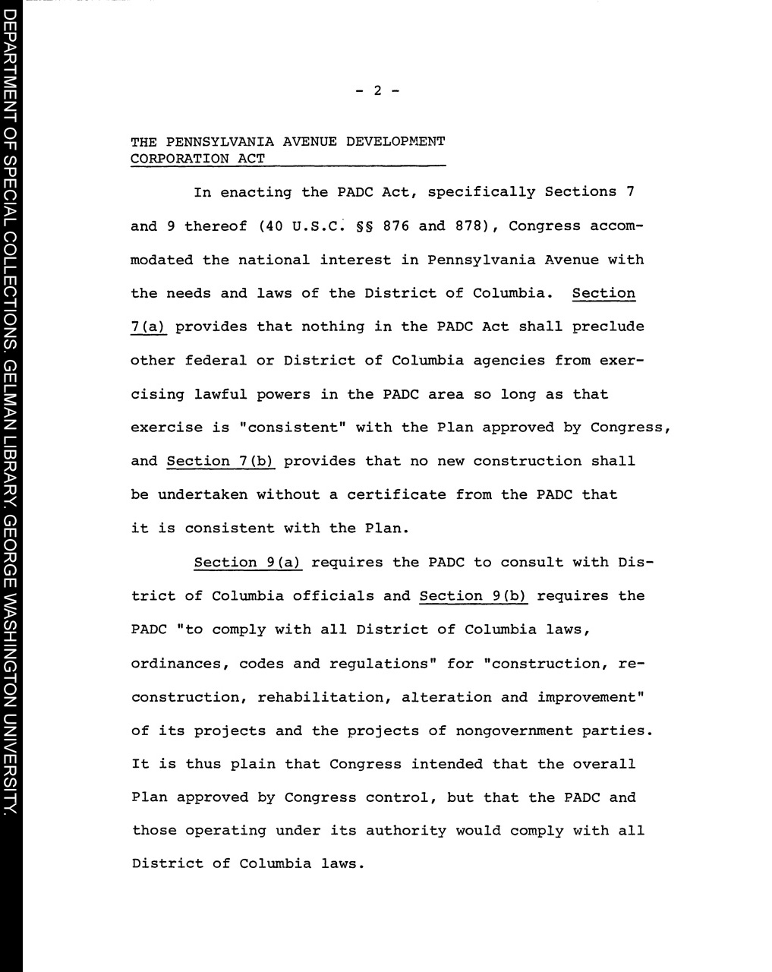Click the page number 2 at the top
[x=377, y=91]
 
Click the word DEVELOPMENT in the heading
[x=395, y=141]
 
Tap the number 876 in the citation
[x=396, y=226]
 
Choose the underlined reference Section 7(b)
[x=220, y=461]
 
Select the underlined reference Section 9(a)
[x=248, y=563]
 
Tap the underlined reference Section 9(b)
[x=473, y=596]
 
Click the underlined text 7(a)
[x=148, y=327]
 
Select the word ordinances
[x=179, y=664]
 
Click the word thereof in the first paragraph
[x=216, y=226]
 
